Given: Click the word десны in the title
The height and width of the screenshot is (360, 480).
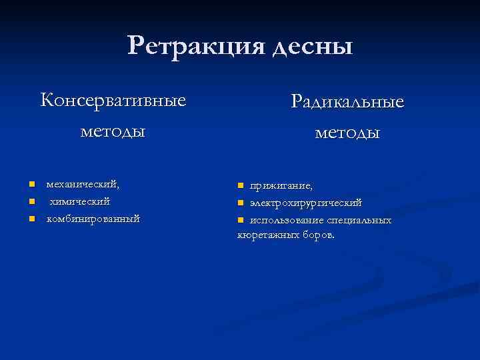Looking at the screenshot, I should click(x=311, y=47).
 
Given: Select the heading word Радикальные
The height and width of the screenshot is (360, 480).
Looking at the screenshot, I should click(x=347, y=103).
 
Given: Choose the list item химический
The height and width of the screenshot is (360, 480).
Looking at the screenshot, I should click(x=80, y=201).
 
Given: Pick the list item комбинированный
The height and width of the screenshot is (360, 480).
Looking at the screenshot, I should click(x=93, y=218).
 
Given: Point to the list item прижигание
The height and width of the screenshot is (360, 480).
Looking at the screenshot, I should click(x=281, y=185).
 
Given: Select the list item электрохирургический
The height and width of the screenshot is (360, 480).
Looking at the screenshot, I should click(x=306, y=202).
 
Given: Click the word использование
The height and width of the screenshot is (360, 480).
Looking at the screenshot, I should click(x=287, y=219).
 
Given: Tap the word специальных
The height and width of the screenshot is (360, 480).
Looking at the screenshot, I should click(x=359, y=219).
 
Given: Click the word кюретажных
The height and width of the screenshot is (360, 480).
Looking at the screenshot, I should click(x=265, y=235).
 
